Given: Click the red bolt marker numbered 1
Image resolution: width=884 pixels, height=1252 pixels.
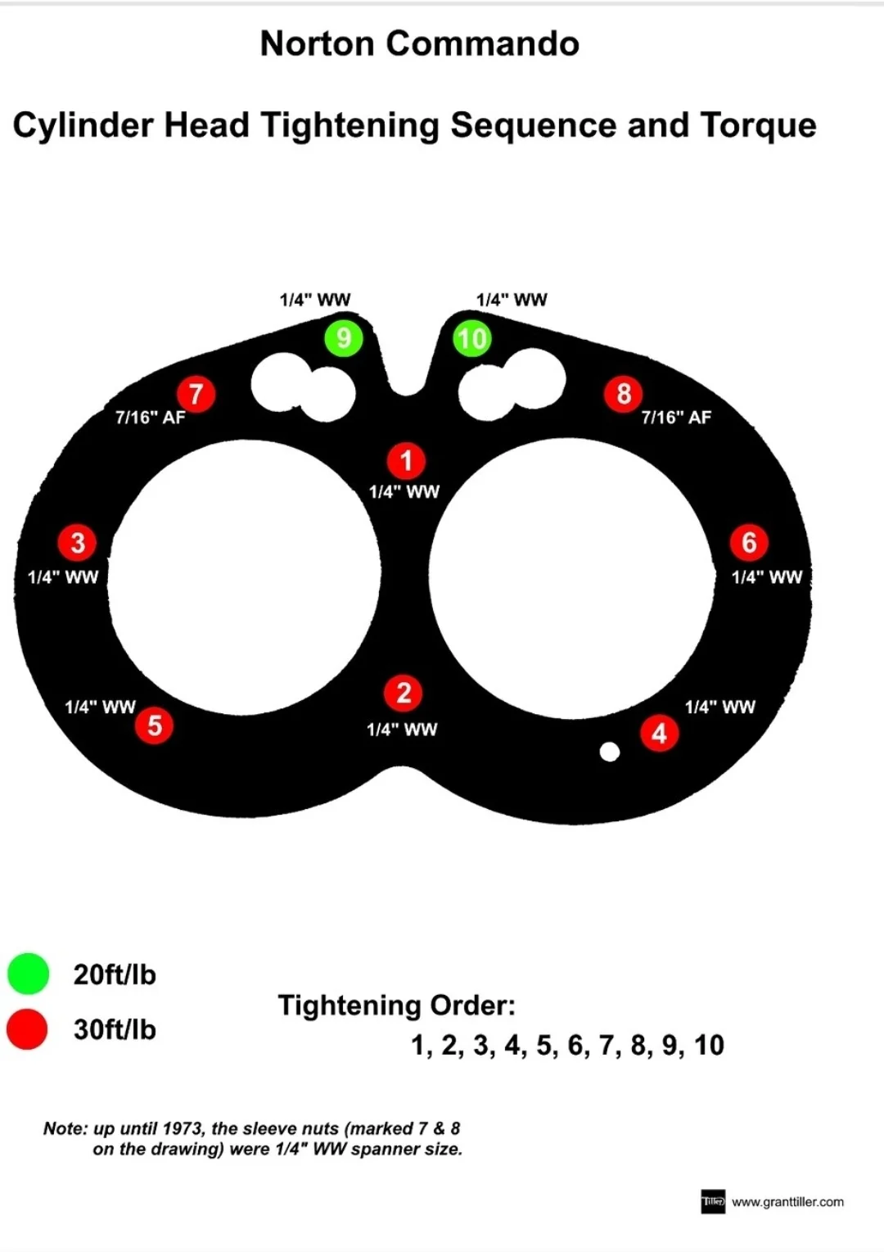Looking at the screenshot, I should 406,461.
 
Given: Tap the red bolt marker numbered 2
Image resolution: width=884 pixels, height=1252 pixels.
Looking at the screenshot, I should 404,694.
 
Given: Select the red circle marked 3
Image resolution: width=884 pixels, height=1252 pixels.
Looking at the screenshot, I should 78,542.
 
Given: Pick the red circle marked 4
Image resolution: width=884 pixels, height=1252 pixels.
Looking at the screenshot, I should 659,734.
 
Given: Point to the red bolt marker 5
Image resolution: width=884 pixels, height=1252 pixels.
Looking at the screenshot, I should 155,725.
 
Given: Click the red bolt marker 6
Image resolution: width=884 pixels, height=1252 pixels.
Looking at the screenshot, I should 749,542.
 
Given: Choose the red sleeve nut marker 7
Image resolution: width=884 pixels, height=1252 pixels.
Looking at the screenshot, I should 196,394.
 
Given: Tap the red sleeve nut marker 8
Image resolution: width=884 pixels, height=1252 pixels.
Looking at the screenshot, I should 624,394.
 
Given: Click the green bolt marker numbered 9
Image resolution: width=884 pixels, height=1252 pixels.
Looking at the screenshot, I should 344,338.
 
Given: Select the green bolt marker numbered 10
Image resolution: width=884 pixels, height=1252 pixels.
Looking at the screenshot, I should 472,339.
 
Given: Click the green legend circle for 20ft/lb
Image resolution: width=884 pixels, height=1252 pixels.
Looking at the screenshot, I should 28,974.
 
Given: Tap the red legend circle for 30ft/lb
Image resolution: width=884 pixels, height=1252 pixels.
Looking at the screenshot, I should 28,1029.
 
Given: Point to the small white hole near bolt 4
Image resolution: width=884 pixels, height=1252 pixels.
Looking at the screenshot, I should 610,752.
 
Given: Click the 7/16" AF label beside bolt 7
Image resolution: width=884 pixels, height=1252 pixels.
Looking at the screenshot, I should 151,418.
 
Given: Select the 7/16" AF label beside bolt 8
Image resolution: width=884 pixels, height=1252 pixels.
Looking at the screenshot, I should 676,418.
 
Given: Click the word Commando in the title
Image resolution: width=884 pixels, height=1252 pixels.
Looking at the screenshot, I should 483,44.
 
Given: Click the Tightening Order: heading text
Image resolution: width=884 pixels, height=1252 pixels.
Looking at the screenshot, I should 397,1006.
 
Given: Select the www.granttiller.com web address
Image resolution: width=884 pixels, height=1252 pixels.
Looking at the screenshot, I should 787,1202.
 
